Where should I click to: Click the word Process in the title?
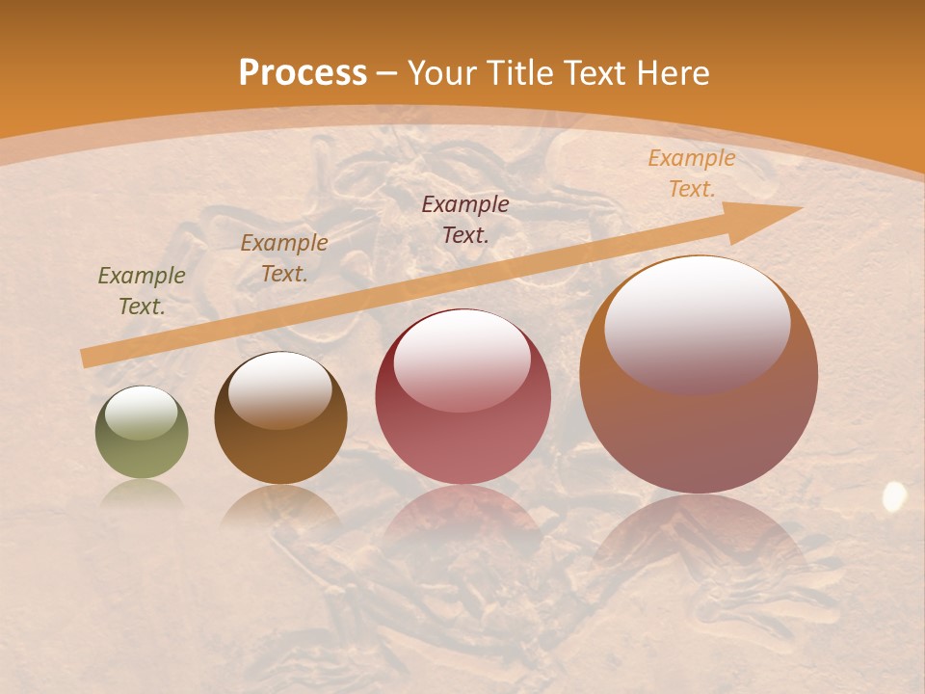(x=303, y=73)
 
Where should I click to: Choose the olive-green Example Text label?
(x=142, y=290)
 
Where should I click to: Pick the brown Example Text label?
(x=284, y=257)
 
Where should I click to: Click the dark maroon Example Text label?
(x=465, y=219)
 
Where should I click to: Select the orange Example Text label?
(x=692, y=173)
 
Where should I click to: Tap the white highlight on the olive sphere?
(x=142, y=414)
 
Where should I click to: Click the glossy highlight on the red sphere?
(x=462, y=360)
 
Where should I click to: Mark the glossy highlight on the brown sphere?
(x=280, y=387)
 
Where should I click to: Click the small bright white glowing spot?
(x=894, y=496)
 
